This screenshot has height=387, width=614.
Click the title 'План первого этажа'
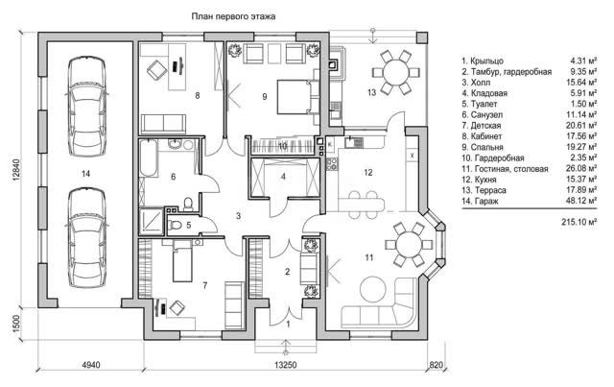tap(233, 16)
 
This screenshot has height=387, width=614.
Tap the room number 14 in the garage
tap(85, 173)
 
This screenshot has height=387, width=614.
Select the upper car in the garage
tap(86, 107)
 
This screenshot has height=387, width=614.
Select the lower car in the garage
tap(86, 238)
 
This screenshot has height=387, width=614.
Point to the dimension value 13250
tap(285, 365)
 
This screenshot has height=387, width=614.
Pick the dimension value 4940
tap(91, 365)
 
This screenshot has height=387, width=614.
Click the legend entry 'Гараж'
tap(485, 201)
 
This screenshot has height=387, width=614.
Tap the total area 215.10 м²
tap(579, 222)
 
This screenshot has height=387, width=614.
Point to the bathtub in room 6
tap(149, 157)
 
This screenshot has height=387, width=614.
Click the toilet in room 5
tap(174, 225)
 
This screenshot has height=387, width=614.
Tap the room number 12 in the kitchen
tap(367, 172)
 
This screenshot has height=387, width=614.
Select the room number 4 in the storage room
tap(283, 177)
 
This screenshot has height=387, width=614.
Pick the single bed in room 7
tap(182, 261)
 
